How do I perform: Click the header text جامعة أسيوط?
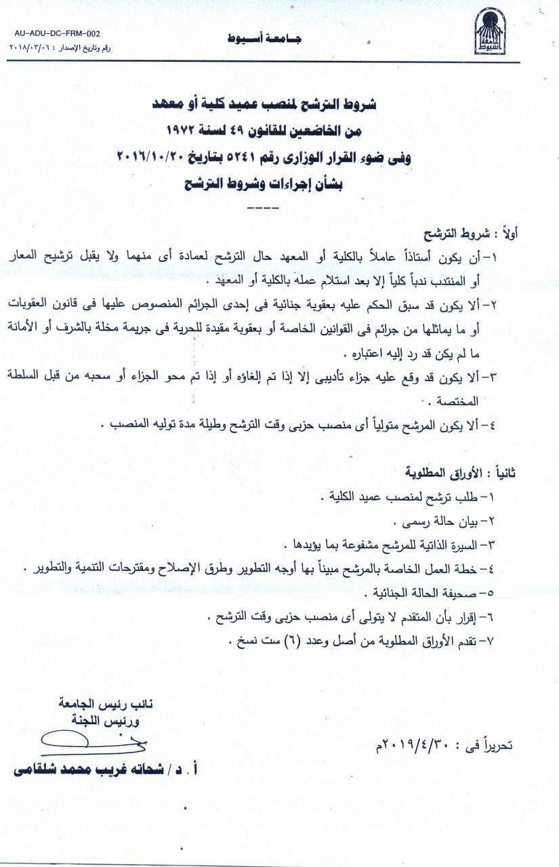coord(265,39)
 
